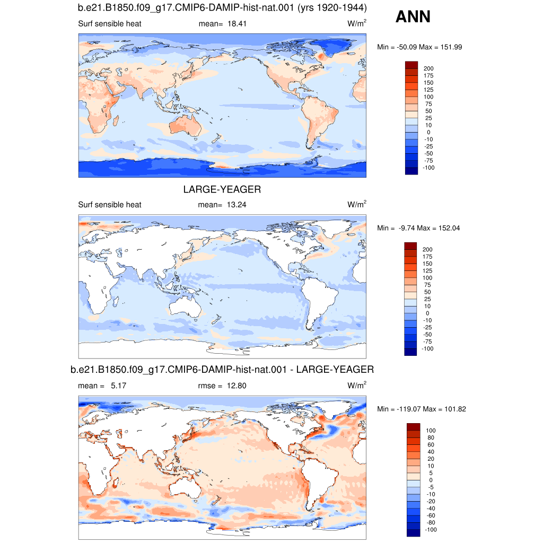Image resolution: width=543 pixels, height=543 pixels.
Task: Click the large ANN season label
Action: tap(413, 16)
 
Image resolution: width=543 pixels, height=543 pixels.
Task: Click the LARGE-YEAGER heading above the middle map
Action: tap(222, 189)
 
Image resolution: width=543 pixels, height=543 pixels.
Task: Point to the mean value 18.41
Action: tap(237, 24)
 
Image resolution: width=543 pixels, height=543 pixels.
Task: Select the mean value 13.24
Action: tap(237, 205)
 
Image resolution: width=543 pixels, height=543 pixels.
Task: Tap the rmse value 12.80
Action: tap(237, 386)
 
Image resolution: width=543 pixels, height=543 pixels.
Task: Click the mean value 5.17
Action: tap(118, 386)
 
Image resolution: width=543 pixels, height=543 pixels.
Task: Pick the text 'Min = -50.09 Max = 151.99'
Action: tap(419, 47)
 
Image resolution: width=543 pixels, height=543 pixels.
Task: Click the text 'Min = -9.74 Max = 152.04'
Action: tap(418, 228)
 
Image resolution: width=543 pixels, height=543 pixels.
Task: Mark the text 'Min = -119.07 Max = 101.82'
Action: tap(422, 409)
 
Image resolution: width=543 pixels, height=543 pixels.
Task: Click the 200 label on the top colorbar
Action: tap(428, 68)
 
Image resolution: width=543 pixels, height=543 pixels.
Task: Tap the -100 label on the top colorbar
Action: tap(428, 168)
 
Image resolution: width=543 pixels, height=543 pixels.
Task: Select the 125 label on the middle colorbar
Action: tap(427, 271)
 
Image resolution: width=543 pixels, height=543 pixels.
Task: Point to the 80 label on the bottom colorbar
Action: tap(431, 437)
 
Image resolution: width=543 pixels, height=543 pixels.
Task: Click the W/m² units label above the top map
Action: tap(357, 23)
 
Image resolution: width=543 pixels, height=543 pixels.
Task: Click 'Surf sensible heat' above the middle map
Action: tap(110, 205)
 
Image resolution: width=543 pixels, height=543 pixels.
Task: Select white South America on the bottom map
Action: tap(318, 481)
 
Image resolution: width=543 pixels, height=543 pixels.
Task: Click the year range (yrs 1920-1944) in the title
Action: tap(332, 7)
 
